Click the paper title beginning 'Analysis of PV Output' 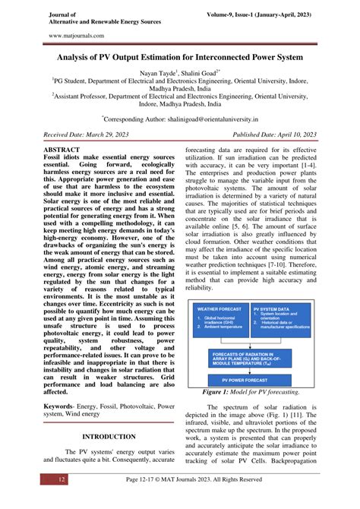(180, 57)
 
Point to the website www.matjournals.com (74, 35)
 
